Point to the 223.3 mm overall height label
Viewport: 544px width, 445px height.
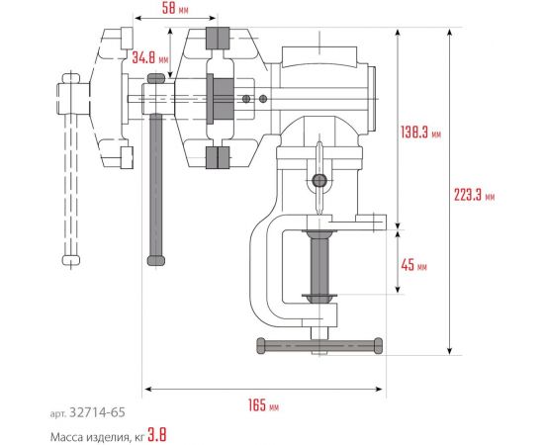[x=477, y=196]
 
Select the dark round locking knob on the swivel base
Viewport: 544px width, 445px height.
[x=319, y=180]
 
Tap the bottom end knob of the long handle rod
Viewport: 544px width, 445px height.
[x=156, y=260]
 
